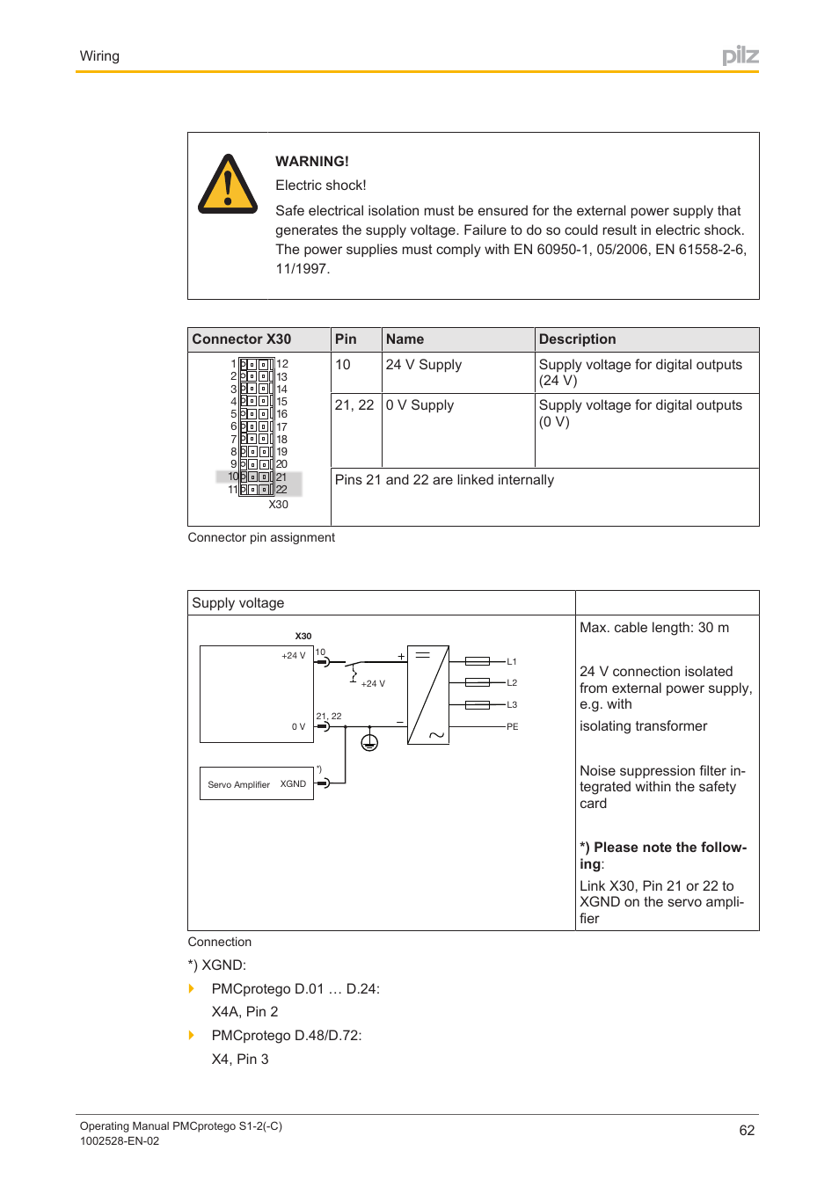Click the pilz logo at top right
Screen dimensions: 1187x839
tap(740, 56)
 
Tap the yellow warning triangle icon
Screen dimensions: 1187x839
tap(228, 186)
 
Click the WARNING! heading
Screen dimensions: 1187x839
tap(311, 162)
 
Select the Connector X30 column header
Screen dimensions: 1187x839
tap(242, 339)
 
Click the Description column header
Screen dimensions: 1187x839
tap(577, 339)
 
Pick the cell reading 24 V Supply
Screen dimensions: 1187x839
tap(423, 365)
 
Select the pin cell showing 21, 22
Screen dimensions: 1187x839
tap(354, 405)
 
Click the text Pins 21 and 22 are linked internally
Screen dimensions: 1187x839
tap(444, 480)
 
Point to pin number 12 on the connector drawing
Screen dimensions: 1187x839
tap(282, 364)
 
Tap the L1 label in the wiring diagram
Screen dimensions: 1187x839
tap(512, 662)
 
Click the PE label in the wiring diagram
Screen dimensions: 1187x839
tap(512, 727)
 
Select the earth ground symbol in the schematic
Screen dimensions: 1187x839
tap(369, 743)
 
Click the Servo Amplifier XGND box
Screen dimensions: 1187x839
tap(257, 784)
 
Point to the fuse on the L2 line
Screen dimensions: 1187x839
tap(478, 682)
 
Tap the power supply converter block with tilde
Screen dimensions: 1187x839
tap(428, 695)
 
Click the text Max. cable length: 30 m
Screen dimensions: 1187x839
tap(653, 628)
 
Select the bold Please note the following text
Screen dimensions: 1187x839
tap(662, 856)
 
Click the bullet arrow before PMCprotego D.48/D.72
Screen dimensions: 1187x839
tap(192, 1036)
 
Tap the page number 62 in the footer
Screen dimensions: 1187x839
tap(747, 1131)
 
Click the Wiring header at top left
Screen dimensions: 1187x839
tap(99, 56)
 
